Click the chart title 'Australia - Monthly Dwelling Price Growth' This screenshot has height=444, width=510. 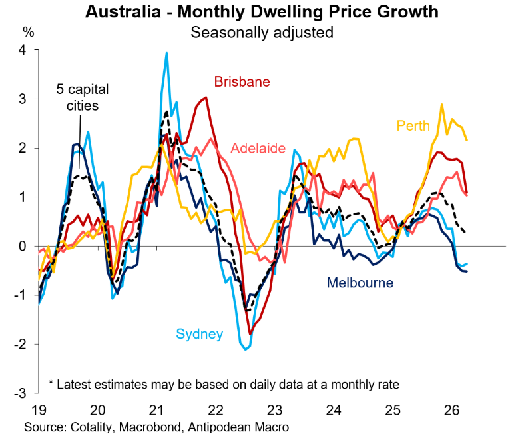262,12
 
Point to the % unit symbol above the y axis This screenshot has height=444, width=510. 28,31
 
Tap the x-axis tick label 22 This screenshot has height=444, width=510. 214,409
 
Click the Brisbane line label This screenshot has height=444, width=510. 242,82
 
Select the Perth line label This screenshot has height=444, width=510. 414,125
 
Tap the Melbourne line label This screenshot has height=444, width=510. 360,283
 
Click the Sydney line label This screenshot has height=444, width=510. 199,334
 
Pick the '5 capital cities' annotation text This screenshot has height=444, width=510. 82,97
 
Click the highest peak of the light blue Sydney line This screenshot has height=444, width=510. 166,53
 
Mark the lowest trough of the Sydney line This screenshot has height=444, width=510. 246,349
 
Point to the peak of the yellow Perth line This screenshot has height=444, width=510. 441,104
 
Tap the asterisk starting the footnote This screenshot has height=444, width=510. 51,385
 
